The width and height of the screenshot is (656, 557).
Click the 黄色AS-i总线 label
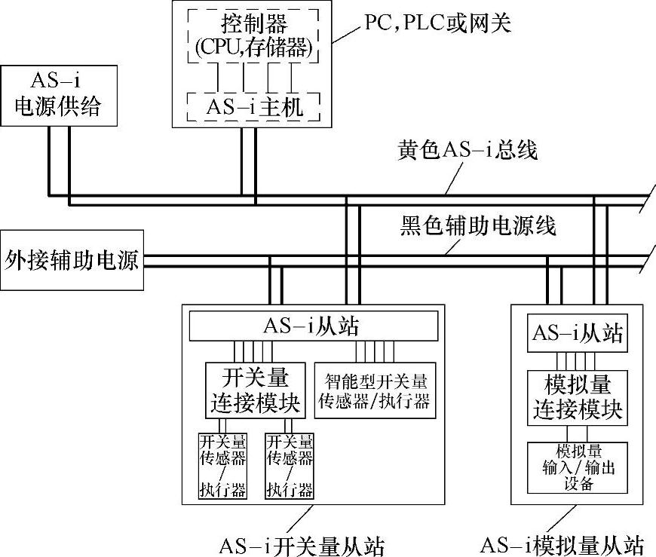(x=467, y=150)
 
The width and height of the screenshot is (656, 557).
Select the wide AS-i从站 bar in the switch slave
(x=312, y=326)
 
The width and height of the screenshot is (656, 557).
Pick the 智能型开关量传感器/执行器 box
(x=376, y=390)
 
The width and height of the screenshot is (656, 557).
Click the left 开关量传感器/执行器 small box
(x=222, y=466)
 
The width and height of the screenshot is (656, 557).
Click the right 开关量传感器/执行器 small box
(x=290, y=466)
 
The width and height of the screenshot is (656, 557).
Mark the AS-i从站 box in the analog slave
(x=578, y=333)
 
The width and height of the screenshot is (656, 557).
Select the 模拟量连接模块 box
(x=578, y=396)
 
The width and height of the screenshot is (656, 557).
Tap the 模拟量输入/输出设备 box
(x=578, y=467)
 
